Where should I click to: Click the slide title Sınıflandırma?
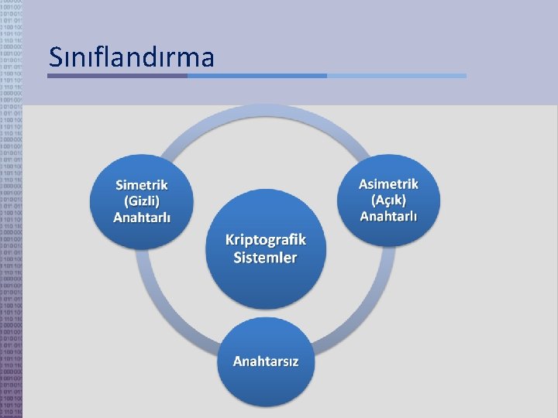(131, 57)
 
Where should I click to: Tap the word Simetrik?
(142, 184)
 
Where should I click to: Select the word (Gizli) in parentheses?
(142, 200)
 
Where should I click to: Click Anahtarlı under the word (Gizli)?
(142, 217)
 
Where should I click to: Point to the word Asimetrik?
(388, 183)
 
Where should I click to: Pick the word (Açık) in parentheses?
(388, 199)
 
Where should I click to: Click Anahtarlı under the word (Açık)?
(388, 215)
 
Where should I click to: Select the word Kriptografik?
(266, 240)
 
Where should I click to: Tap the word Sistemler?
(266, 257)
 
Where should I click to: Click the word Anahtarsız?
(266, 361)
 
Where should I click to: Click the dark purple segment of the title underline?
(117, 76)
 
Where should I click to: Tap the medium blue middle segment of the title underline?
(257, 76)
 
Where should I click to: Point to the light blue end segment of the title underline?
(396, 76)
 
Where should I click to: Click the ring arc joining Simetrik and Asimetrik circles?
(266, 113)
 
